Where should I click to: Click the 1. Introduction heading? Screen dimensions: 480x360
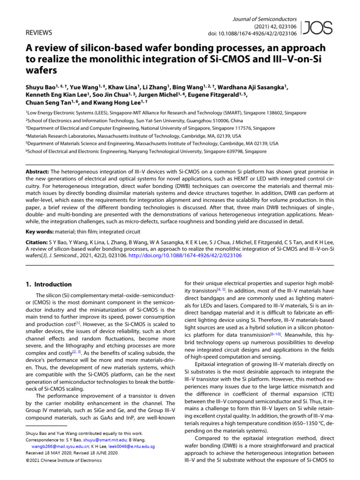48,285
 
